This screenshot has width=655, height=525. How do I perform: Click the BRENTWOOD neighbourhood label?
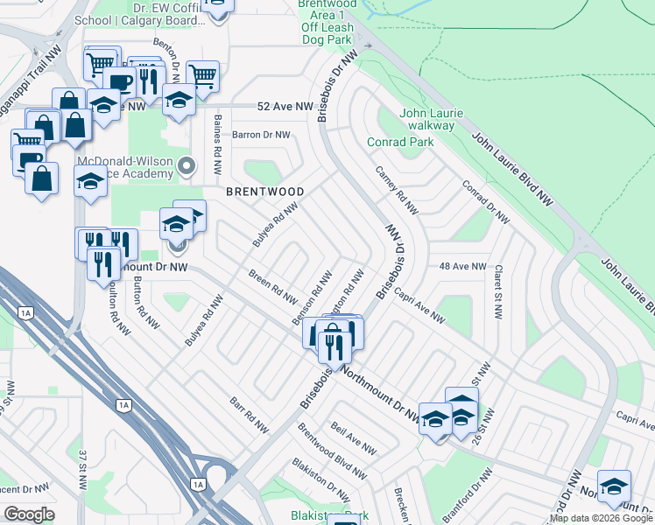265,192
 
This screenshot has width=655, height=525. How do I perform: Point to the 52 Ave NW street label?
285,106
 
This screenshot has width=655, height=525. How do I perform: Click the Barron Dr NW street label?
261,135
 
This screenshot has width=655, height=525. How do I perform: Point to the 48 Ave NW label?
461,266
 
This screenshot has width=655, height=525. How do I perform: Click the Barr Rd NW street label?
249,415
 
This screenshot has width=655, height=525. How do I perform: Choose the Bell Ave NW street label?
354,439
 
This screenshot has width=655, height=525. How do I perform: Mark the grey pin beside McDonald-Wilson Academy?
185,164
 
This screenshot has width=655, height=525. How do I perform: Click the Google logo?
29,514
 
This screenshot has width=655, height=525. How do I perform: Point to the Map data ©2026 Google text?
601,518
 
